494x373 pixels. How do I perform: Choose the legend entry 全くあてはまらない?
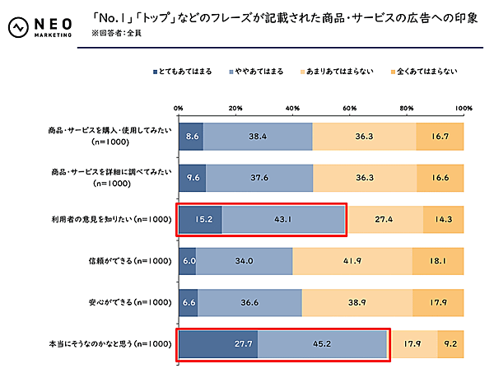point(422,71)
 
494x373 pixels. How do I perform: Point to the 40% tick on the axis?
point(292,108)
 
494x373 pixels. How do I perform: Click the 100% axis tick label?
point(463,108)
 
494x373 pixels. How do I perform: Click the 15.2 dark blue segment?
point(200,220)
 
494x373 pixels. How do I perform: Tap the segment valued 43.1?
point(283,220)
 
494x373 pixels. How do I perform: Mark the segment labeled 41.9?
point(352,261)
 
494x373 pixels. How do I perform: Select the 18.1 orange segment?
point(438,261)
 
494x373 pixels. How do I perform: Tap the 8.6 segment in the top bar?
point(190,136)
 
